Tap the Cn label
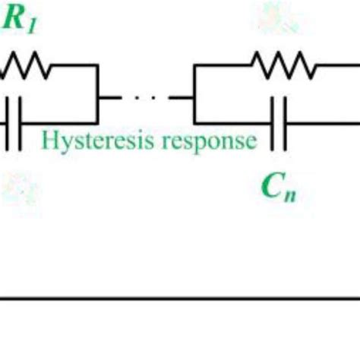click(x=279, y=185)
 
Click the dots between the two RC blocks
click(x=144, y=96)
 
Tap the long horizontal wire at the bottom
click(x=180, y=300)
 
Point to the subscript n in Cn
click(x=290, y=190)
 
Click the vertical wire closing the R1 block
click(x=98, y=94)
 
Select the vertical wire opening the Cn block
click(x=194, y=94)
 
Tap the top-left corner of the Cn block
click(x=194, y=67)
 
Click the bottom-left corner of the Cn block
click(x=194, y=122)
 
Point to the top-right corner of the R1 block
click(x=98, y=67)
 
